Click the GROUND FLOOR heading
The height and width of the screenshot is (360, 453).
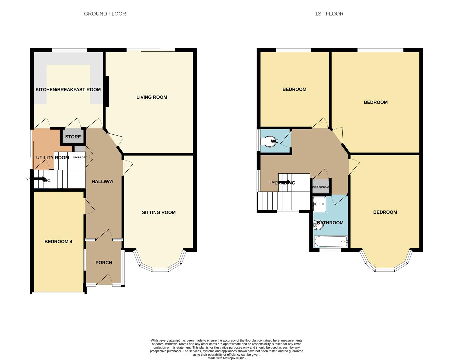click(x=105, y=14)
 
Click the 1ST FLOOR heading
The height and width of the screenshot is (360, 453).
click(x=329, y=14)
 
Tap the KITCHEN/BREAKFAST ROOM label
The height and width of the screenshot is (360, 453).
click(x=68, y=90)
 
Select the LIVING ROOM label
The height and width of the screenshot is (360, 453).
click(x=152, y=97)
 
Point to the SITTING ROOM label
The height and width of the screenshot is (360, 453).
click(x=159, y=212)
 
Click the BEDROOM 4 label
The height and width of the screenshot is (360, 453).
click(x=58, y=242)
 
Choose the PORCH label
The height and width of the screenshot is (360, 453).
click(x=104, y=263)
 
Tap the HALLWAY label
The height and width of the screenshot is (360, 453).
click(x=103, y=182)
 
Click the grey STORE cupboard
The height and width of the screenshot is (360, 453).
click(x=73, y=137)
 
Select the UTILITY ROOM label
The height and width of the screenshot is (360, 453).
click(x=52, y=158)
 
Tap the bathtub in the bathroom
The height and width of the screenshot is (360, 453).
click(x=331, y=241)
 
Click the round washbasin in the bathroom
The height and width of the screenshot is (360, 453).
click(x=318, y=226)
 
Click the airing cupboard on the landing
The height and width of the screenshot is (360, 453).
click(x=321, y=187)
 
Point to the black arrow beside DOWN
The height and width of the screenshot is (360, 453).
click(x=285, y=182)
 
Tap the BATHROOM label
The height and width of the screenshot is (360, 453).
click(x=330, y=223)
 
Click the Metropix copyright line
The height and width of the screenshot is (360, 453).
click(x=226, y=358)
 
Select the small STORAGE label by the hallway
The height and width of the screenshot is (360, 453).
click(x=79, y=157)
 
